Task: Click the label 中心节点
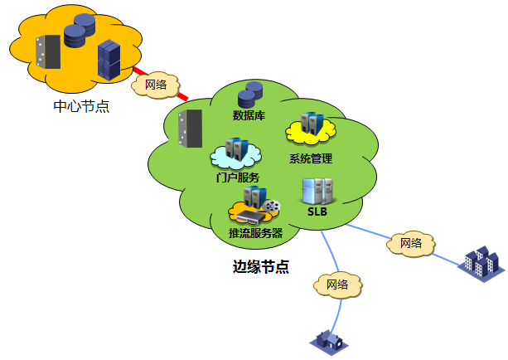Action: coord(80,107)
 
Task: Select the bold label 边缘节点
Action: coord(260,267)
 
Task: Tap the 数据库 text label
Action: coord(249,114)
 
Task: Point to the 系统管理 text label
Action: coord(310,158)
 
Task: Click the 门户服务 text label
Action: coord(238,178)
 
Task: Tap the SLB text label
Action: coord(317,212)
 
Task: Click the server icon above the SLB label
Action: coord(318,190)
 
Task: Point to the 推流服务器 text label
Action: coord(255,233)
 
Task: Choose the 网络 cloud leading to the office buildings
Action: coord(410,243)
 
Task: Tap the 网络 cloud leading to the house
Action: coord(336,285)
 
